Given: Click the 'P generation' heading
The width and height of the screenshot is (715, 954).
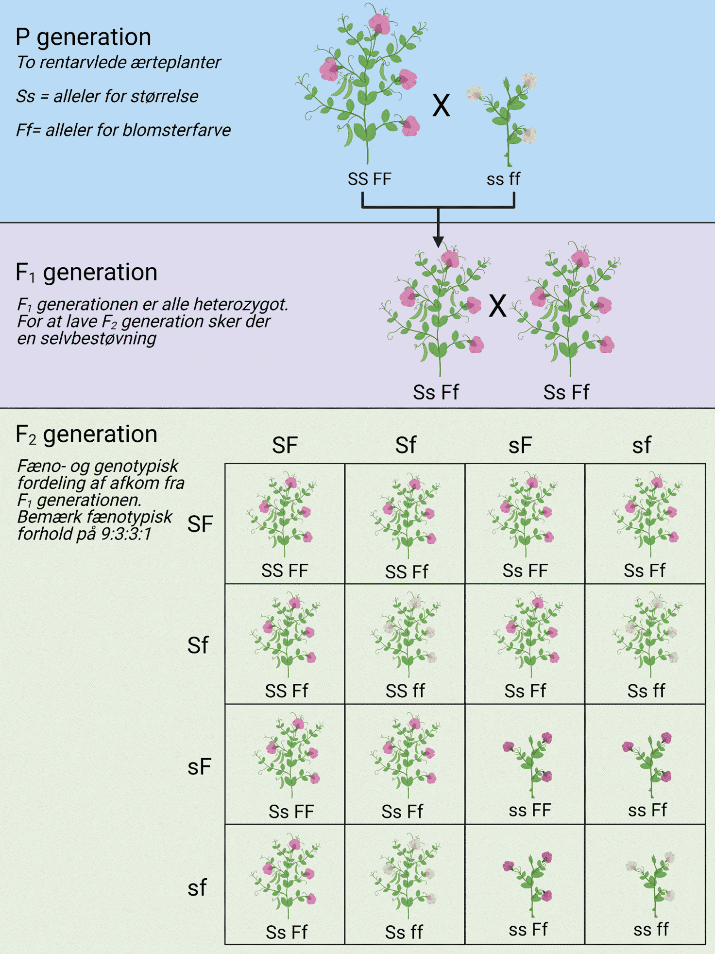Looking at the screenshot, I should (83, 37).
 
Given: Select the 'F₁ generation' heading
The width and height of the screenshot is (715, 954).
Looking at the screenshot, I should (86, 272).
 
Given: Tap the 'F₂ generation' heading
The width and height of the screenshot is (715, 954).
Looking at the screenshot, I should (86, 434).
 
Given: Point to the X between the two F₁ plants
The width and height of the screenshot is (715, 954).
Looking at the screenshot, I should (497, 306).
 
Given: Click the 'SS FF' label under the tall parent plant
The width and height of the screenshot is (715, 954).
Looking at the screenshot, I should (369, 179).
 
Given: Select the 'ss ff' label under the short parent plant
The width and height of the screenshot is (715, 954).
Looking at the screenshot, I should (503, 179).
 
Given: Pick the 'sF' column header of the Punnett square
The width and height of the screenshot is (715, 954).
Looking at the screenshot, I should (520, 446).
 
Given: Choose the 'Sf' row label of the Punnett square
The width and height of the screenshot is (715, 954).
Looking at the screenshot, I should (198, 645).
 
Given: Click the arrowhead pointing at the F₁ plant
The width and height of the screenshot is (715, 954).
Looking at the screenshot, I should (438, 242).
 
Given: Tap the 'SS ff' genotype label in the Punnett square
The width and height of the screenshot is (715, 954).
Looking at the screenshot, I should (405, 691).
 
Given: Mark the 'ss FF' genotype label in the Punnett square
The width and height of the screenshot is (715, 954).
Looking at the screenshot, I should (530, 810).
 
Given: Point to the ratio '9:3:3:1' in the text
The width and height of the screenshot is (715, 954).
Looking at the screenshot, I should (126, 534).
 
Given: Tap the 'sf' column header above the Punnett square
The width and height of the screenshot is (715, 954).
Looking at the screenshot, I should (641, 446).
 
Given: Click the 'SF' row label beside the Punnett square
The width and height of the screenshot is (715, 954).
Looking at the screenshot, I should (200, 524).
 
